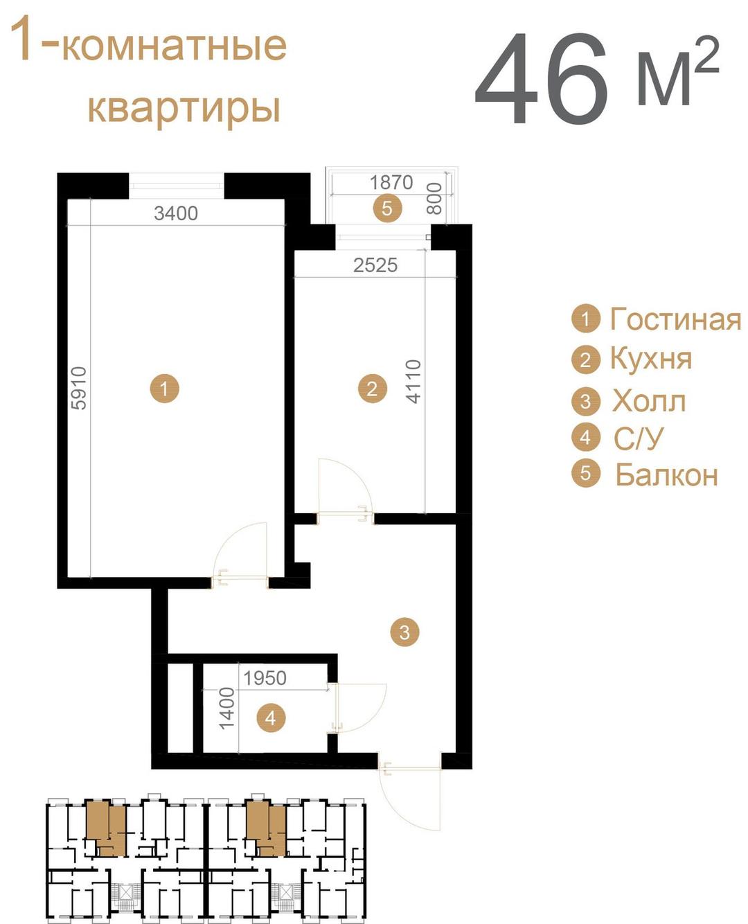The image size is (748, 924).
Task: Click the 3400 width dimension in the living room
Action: (x=176, y=213)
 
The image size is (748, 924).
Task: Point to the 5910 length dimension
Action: (x=80, y=388)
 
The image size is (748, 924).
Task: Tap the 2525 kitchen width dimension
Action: (x=375, y=265)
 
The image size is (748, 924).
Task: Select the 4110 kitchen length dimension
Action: (x=414, y=382)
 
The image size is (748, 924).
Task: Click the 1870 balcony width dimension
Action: (x=391, y=183)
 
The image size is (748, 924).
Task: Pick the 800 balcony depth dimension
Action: (x=434, y=198)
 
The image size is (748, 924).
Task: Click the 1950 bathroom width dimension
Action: (x=265, y=678)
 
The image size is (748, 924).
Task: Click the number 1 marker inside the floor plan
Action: (x=164, y=389)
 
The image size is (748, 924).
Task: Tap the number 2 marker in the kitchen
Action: (x=372, y=389)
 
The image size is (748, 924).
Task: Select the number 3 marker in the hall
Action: (x=404, y=632)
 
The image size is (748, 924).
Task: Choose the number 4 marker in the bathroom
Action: (x=271, y=718)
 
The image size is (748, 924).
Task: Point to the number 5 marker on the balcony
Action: (x=388, y=208)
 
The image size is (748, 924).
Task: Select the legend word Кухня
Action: (x=651, y=359)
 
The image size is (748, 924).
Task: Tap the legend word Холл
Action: (x=649, y=401)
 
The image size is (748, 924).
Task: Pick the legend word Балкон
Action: (x=667, y=475)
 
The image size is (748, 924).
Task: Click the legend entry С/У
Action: (x=639, y=438)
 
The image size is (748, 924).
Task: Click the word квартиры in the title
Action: (x=184, y=107)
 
